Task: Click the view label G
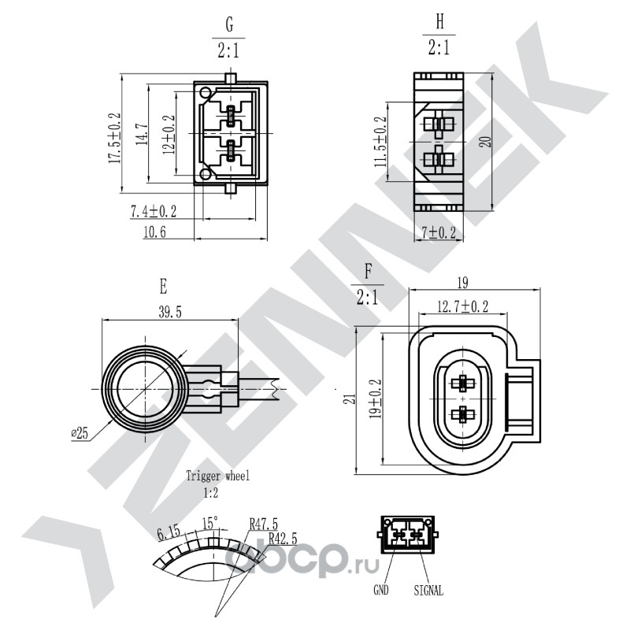(229, 25)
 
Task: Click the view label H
(440, 22)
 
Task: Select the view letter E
(163, 287)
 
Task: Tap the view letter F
(368, 272)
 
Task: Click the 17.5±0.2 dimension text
(114, 138)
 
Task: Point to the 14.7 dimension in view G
(142, 135)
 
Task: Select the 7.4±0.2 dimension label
(154, 211)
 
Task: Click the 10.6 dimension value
(154, 232)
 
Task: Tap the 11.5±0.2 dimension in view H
(380, 142)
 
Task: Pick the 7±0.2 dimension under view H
(439, 232)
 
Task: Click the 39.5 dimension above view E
(170, 312)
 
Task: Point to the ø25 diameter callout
(80, 433)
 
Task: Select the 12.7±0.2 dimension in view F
(463, 306)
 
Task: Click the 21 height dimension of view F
(351, 399)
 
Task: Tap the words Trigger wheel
(218, 476)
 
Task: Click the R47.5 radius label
(264, 524)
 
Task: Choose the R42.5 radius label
(283, 538)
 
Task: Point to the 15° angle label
(209, 523)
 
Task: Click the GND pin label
(381, 590)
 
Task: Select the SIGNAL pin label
(428, 590)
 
